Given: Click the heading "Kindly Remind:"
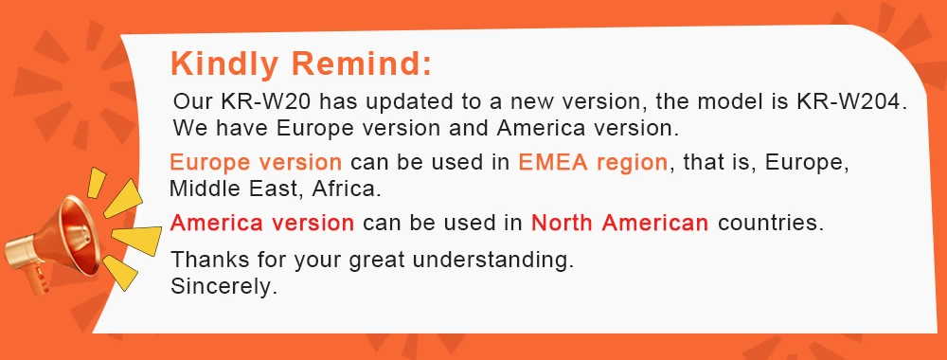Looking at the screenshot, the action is point(301,64).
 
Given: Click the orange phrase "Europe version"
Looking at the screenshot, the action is point(256,163).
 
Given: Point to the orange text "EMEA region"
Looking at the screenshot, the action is point(593,163).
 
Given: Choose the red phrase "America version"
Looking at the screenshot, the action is point(262,223).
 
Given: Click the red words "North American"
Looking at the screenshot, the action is point(619,223).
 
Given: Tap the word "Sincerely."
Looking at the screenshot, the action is point(223,286).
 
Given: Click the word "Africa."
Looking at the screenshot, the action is point(347,189).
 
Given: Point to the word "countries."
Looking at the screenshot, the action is point(771,223).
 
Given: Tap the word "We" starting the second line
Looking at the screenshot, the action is point(186,128).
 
